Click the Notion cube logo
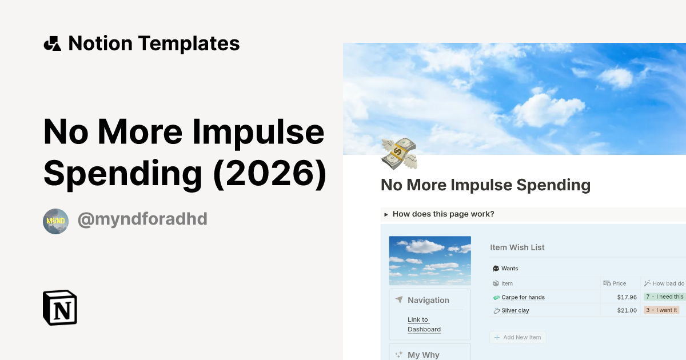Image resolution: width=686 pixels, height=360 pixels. click(x=60, y=307)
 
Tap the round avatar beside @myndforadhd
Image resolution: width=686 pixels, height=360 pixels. click(x=55, y=221)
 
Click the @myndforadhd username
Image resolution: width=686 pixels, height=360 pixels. click(x=142, y=219)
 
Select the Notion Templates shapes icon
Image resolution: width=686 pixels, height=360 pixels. click(x=52, y=43)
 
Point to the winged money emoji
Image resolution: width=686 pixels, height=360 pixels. click(x=399, y=153)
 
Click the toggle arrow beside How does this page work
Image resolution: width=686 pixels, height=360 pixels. click(x=386, y=214)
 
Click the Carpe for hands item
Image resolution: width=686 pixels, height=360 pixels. click(x=523, y=297)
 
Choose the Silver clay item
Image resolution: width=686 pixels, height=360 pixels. click(x=514, y=310)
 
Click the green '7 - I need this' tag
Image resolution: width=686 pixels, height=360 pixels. click(x=664, y=297)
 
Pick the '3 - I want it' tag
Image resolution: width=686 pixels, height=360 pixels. click(x=661, y=310)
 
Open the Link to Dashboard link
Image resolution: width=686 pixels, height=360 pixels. click(x=424, y=325)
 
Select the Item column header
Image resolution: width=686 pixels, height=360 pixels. click(x=506, y=283)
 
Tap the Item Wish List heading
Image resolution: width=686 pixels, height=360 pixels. click(x=517, y=247)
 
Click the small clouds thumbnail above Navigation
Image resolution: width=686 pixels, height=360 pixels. click(x=430, y=261)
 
